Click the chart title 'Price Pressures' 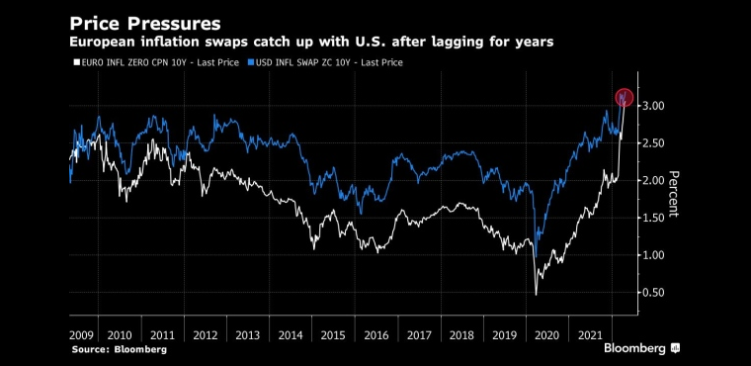point(145,24)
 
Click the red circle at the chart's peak point(625,97)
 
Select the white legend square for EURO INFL point(75,63)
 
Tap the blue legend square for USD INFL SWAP point(250,63)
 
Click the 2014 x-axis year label point(291,334)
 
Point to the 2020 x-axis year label point(547,334)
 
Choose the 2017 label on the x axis point(419,334)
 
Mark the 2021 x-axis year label point(590,334)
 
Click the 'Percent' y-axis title point(673,194)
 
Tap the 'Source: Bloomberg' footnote point(120,350)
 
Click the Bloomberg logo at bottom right point(641,348)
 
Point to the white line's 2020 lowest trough point(536,295)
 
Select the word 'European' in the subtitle point(102,43)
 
